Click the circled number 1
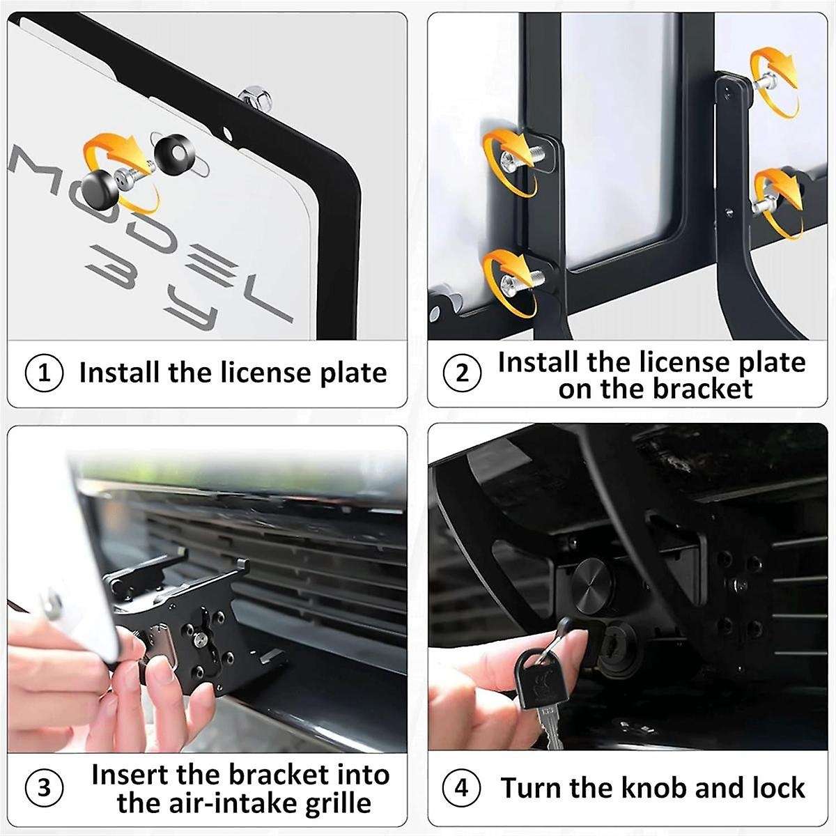pyautogui.click(x=43, y=373)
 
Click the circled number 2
pyautogui.click(x=462, y=373)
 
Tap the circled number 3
pyautogui.click(x=43, y=788)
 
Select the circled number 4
pyautogui.click(x=462, y=788)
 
